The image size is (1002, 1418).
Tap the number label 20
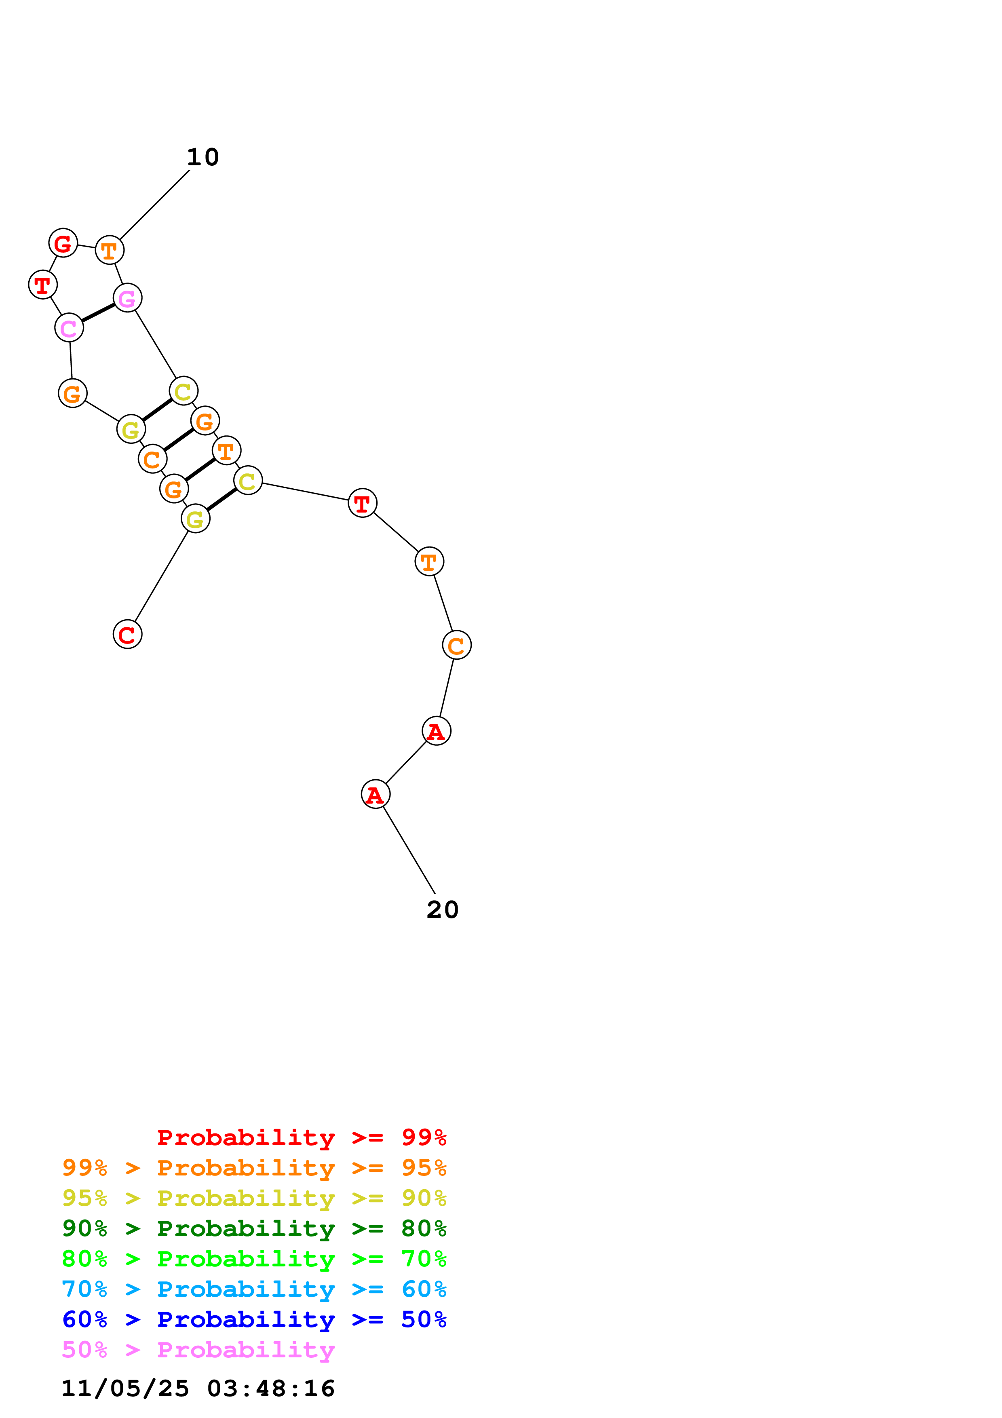442,910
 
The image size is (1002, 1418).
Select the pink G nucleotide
127,298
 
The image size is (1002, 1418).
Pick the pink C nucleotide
69,327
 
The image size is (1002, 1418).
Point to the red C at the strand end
127,634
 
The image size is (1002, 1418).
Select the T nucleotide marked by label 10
109,250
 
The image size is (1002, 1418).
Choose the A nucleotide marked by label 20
375,794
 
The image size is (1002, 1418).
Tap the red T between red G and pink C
42,285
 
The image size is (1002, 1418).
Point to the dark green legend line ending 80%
254,1228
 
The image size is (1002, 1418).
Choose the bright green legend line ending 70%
254,1259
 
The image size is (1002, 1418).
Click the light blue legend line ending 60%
254,1289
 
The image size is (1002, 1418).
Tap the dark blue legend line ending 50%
254,1319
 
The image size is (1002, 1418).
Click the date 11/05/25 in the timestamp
125,1388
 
